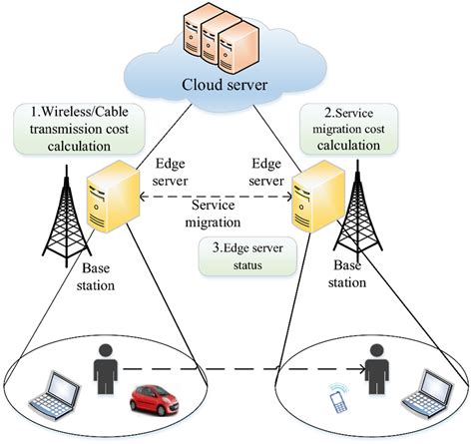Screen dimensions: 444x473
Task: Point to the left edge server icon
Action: click(107, 204)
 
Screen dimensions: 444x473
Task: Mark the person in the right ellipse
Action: click(374, 369)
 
